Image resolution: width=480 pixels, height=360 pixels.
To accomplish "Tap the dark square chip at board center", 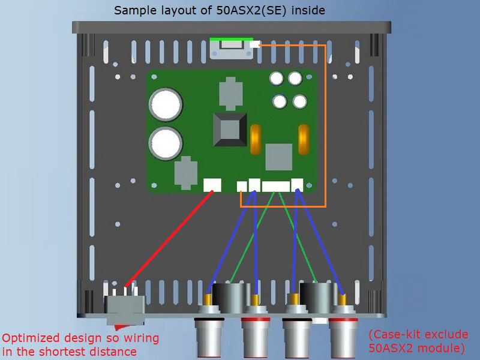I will [230, 131].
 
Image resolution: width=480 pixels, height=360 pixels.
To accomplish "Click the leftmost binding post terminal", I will [208, 336].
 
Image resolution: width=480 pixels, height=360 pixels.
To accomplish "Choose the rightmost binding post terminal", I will [344, 336].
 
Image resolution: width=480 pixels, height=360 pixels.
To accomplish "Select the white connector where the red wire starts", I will [212, 185].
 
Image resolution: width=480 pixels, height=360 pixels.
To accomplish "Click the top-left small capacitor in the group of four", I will [277, 79].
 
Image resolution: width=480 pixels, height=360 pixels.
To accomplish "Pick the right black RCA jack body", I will [316, 297].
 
